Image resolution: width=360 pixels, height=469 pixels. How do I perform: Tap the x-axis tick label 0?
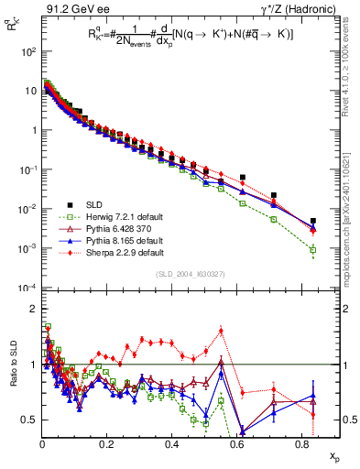[x=43, y=442]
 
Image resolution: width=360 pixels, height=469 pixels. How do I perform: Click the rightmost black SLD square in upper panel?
[x=312, y=221]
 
